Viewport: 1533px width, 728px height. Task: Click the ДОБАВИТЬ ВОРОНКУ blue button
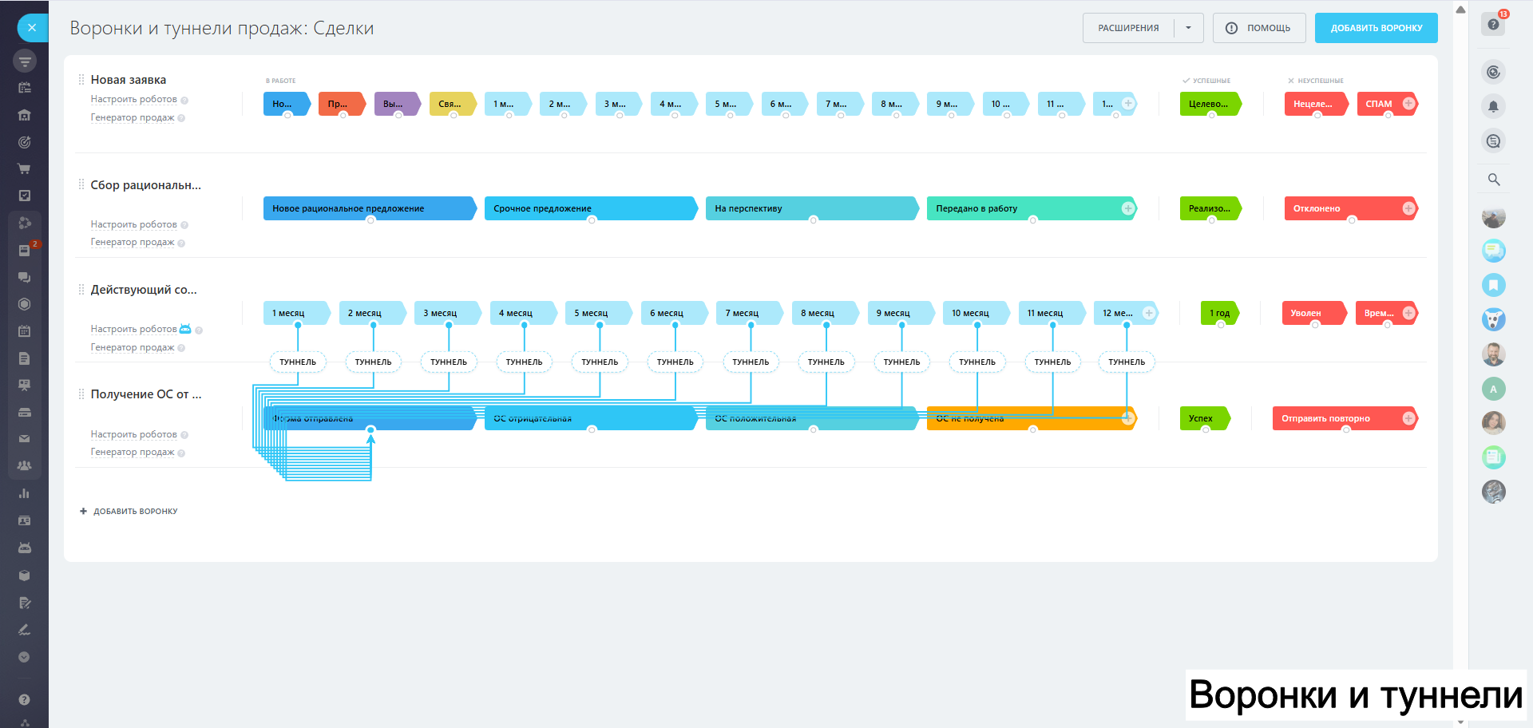[1376, 28]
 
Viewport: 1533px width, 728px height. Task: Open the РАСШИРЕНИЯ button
[1128, 28]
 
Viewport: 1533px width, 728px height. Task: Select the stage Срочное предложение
[589, 208]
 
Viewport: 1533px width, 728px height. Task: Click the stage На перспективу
[810, 208]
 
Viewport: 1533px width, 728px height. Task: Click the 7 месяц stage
[747, 313]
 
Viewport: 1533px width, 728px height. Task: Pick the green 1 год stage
[1219, 313]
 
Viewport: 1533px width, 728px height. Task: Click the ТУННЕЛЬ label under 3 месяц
[449, 362]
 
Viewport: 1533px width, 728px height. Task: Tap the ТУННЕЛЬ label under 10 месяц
[977, 362]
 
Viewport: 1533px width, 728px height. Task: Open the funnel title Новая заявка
[129, 80]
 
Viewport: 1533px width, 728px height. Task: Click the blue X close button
[32, 28]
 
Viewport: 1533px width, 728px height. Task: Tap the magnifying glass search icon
[1494, 180]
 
